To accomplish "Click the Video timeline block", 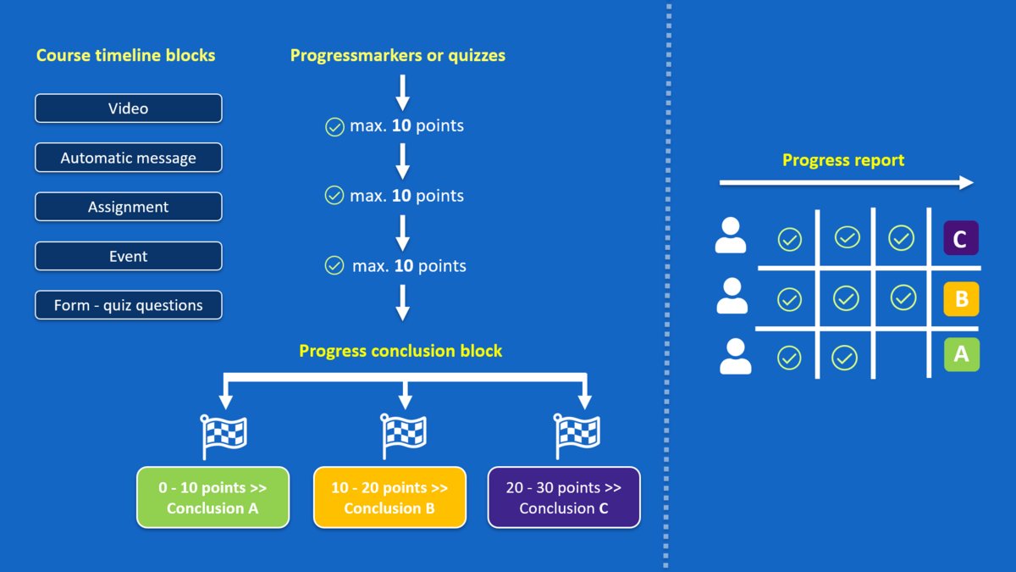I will tap(128, 108).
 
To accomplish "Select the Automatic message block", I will tap(128, 158).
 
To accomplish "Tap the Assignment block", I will tap(128, 207).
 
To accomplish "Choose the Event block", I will tap(128, 256).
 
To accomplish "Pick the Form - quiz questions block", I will tap(128, 305).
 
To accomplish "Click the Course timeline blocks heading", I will tap(125, 56).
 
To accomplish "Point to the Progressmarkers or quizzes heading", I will tap(398, 56).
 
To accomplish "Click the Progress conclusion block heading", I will tap(400, 351).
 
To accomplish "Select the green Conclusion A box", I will tap(213, 497).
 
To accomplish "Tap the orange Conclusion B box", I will tap(389, 497).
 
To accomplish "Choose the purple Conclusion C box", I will tap(564, 497).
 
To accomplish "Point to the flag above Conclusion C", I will tap(577, 436).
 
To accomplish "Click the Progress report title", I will tap(843, 160).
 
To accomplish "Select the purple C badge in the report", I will tap(961, 239).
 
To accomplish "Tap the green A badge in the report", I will tap(961, 354).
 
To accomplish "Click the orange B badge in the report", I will tap(961, 298).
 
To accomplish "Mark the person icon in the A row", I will tap(735, 357).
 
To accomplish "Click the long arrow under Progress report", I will tap(845, 183).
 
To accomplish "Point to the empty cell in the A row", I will tap(900, 356).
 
